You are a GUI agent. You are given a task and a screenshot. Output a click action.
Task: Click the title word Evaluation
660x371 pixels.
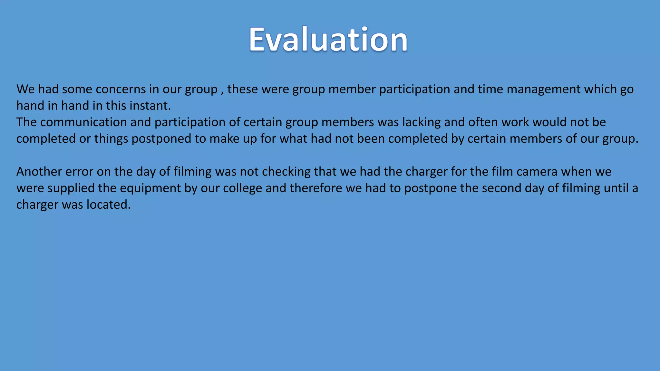click(328, 40)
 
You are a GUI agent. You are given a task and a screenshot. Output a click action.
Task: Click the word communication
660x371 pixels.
click(83, 122)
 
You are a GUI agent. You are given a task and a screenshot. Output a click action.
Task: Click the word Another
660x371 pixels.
click(39, 172)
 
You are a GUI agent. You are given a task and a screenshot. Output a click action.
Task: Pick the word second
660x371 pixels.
click(501, 188)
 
